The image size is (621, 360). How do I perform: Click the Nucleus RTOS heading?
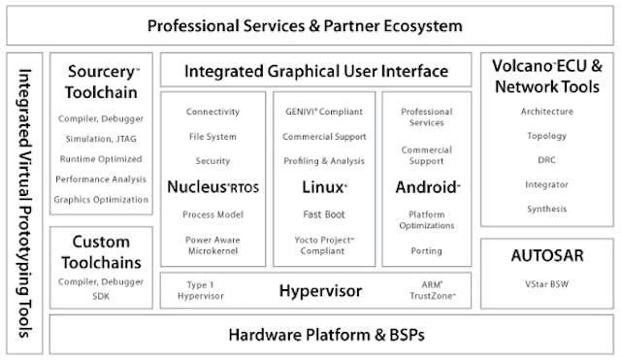click(x=212, y=185)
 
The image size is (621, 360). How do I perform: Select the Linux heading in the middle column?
click(x=324, y=185)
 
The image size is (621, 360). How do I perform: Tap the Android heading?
click(x=427, y=185)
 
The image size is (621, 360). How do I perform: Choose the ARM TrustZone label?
click(x=428, y=290)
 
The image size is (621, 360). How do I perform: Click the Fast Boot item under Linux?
click(x=324, y=213)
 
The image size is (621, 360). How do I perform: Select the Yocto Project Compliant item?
click(x=324, y=245)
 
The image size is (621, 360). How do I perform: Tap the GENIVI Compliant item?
click(x=324, y=113)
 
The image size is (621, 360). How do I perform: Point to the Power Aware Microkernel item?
click(x=212, y=245)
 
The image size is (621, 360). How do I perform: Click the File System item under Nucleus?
click(x=212, y=137)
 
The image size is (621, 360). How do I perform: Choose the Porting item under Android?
click(x=427, y=250)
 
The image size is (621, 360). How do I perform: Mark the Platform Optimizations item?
click(x=427, y=220)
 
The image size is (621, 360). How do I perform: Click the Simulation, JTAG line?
click(x=101, y=140)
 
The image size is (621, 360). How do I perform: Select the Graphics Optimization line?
click(x=101, y=199)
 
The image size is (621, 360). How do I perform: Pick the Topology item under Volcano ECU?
click(x=547, y=136)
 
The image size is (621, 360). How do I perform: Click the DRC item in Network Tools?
click(x=547, y=160)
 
